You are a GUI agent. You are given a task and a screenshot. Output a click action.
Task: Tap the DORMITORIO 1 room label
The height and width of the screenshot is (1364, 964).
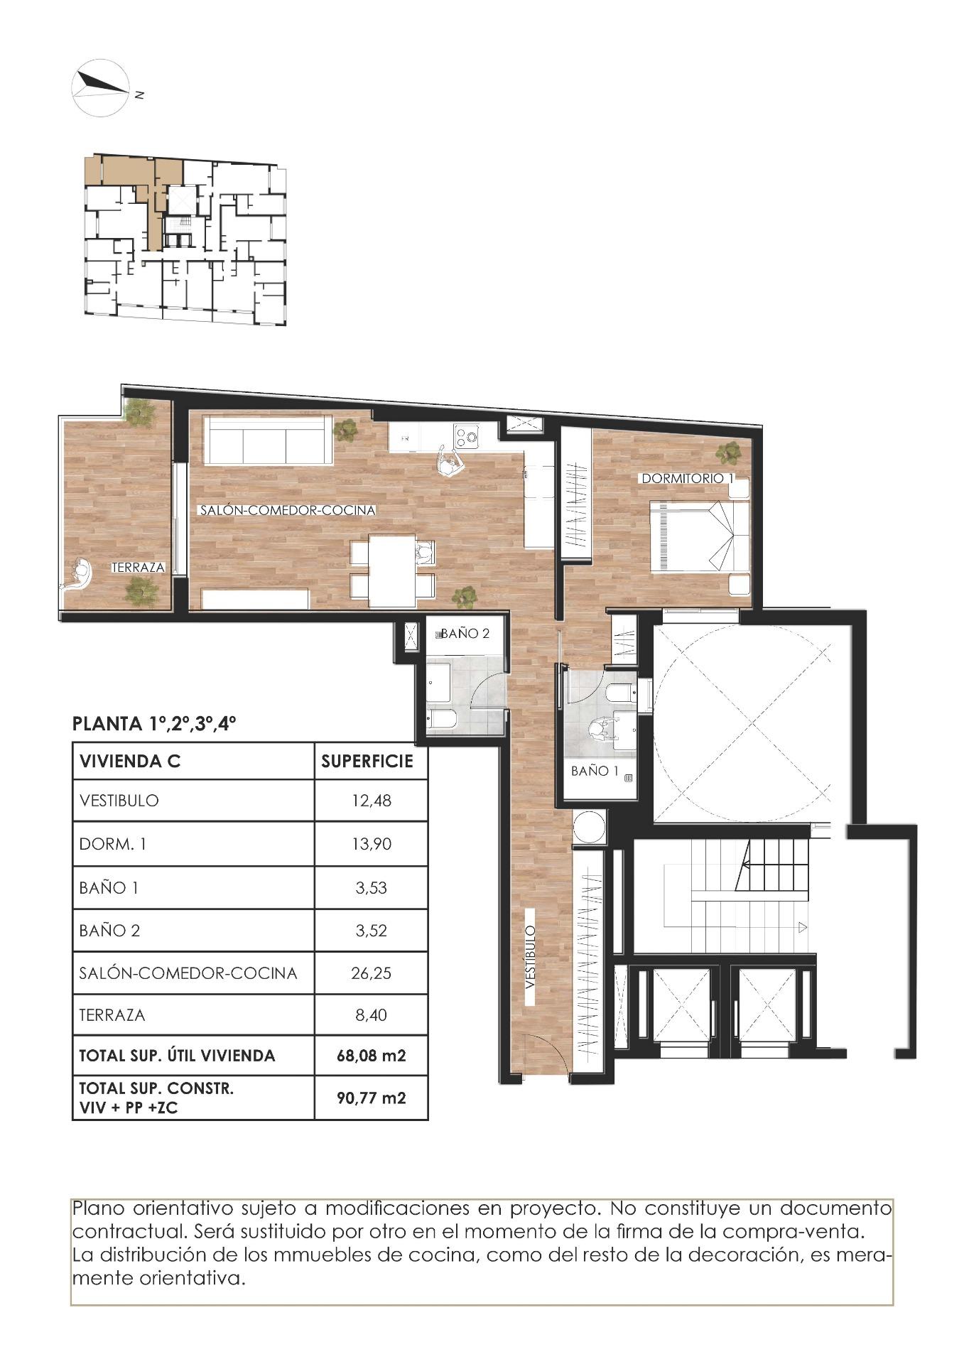pyautogui.click(x=687, y=479)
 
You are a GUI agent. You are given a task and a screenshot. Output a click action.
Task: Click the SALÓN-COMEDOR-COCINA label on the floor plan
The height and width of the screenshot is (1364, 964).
pyautogui.click(x=287, y=510)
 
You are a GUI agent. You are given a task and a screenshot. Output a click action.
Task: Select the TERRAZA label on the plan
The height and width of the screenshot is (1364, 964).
pyautogui.click(x=138, y=568)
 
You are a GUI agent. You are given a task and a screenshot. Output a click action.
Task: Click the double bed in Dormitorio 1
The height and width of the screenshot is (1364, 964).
pyautogui.click(x=700, y=535)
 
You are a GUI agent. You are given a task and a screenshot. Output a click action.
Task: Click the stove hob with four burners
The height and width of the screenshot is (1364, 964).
pyautogui.click(x=466, y=436)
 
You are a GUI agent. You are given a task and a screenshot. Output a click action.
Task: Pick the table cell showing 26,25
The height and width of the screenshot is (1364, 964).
pyautogui.click(x=371, y=973)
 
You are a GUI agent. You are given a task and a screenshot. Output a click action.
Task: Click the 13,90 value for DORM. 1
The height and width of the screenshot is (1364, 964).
pyautogui.click(x=371, y=845)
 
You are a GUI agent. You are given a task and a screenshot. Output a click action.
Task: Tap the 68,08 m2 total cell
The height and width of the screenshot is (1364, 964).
pyautogui.click(x=371, y=1056)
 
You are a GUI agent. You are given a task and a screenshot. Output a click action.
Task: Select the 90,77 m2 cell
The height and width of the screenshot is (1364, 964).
pyautogui.click(x=371, y=1098)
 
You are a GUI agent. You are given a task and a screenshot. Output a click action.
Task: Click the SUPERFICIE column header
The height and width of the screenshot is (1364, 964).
pyautogui.click(x=367, y=762)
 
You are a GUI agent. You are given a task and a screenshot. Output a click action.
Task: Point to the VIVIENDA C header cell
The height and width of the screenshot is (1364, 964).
pyautogui.click(x=131, y=762)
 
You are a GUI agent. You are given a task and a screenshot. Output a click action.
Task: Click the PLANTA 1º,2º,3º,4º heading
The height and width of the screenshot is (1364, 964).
pyautogui.click(x=154, y=724)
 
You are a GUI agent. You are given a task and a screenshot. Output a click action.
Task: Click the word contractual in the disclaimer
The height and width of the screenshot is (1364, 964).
pyautogui.click(x=114, y=1230)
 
